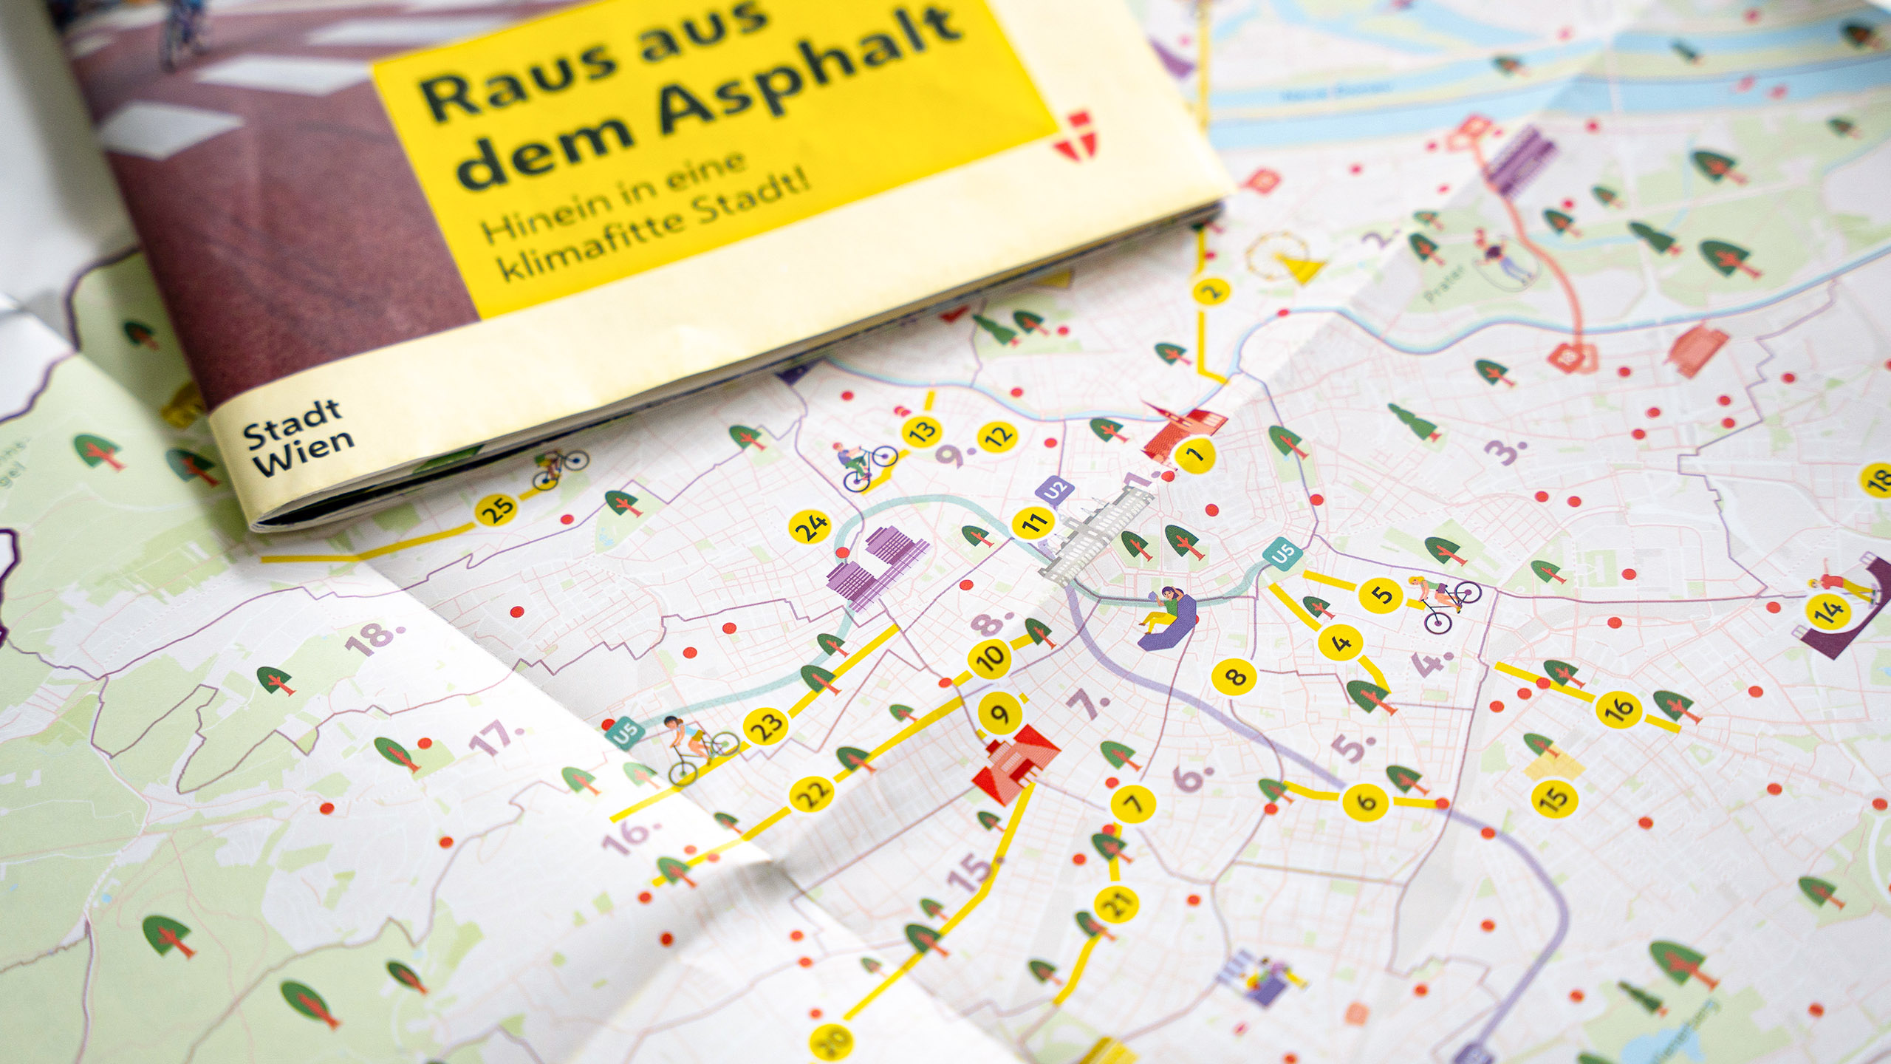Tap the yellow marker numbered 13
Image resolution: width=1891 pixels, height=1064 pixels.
921,430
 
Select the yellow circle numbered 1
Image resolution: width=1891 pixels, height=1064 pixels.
1194,454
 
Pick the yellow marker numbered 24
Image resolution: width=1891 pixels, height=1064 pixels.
811,526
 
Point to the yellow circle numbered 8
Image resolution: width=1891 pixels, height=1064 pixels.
1234,675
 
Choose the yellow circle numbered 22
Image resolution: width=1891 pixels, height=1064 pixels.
812,794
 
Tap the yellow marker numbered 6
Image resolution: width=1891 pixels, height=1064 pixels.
1366,801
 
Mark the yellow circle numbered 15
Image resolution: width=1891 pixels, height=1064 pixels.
1554,797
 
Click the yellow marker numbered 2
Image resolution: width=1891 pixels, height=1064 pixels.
1211,290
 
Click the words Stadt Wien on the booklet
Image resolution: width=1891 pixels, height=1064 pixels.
299,438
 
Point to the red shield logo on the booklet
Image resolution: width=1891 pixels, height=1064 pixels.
1073,134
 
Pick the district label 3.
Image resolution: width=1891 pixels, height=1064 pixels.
1507,450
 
